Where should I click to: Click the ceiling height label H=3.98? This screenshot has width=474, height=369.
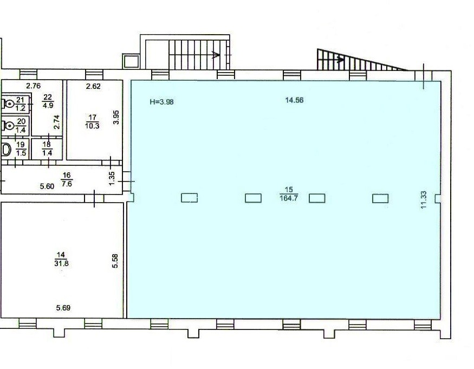click(162, 102)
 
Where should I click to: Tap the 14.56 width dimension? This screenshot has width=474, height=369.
click(294, 100)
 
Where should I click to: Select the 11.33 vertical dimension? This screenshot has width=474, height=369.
click(423, 199)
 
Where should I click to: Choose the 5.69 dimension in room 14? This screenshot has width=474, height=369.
click(63, 308)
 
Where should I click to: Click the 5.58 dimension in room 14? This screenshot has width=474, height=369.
click(115, 261)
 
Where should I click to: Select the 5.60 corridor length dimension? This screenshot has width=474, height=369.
click(47, 186)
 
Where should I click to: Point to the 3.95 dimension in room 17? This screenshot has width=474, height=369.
click(116, 117)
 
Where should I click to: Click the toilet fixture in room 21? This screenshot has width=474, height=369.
click(8, 103)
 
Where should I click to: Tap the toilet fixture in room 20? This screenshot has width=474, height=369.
click(8, 125)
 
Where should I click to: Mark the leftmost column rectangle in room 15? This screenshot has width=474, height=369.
click(189, 198)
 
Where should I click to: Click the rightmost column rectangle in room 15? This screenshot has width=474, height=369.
click(380, 198)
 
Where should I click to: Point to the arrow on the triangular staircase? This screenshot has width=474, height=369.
click(340, 60)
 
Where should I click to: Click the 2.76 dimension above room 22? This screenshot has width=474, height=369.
click(33, 86)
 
